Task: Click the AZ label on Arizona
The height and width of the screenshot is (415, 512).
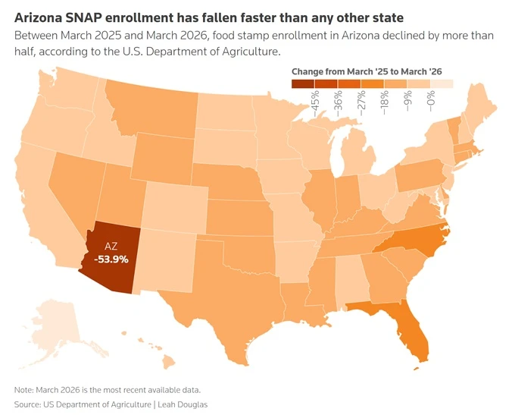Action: click(x=111, y=247)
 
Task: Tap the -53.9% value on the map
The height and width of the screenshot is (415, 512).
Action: click(x=111, y=259)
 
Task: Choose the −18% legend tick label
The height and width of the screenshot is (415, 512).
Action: click(x=385, y=102)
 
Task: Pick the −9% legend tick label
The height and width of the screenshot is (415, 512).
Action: click(x=407, y=101)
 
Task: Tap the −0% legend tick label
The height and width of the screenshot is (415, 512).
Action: click(x=431, y=101)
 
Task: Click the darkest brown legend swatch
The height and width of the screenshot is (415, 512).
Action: click(x=303, y=83)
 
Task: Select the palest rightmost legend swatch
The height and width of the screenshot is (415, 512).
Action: click(x=442, y=83)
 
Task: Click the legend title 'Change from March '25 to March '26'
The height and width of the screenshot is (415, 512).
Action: click(x=367, y=71)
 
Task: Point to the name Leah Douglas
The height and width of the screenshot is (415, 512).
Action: click(x=183, y=404)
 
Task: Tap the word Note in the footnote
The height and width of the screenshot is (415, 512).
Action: click(x=23, y=390)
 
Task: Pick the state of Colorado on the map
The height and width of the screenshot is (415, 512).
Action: click(x=175, y=206)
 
